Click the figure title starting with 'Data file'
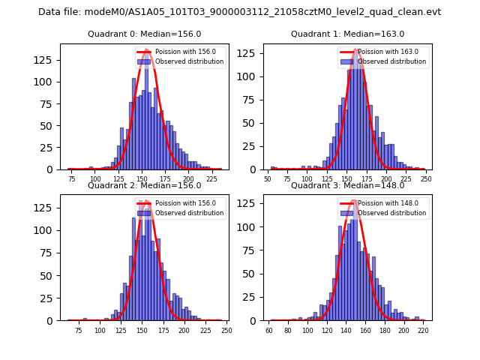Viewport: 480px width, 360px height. pos(239,12)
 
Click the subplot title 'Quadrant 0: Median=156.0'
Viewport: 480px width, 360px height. pos(144,34)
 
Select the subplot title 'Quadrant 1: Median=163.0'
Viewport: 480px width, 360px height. pos(347,34)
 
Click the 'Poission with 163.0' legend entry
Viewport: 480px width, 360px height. pos(385,52)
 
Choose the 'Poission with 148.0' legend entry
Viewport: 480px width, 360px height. pos(385,203)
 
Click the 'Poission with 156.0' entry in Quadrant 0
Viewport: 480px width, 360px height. pos(181,52)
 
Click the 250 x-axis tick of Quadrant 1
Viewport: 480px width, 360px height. pos(425,180)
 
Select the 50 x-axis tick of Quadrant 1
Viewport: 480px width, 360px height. pos(268,180)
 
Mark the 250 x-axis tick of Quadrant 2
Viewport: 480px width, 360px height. pos(226,331)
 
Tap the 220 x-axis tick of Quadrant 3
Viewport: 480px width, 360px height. pos(423,331)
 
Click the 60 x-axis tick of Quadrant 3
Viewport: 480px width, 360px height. pos(269,331)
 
